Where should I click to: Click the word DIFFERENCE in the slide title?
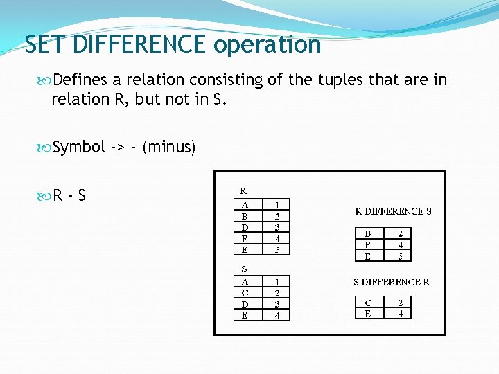click(x=140, y=45)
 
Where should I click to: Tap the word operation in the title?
click(x=268, y=45)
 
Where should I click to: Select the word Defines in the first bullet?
click(x=80, y=80)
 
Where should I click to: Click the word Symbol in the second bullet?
click(x=79, y=147)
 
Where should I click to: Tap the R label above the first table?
click(x=243, y=189)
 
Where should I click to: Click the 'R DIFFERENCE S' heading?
click(x=393, y=211)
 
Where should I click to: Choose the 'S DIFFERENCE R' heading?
click(x=392, y=282)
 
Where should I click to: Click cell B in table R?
click(x=245, y=215)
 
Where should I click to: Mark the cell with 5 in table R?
click(x=277, y=249)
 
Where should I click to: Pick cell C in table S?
click(x=245, y=293)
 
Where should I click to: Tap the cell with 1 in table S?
click(x=277, y=282)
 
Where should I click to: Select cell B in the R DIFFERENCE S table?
click(x=367, y=233)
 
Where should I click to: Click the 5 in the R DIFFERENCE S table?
click(x=400, y=256)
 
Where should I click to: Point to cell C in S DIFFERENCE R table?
click(x=367, y=302)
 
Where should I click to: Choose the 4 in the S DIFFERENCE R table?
click(x=400, y=312)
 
